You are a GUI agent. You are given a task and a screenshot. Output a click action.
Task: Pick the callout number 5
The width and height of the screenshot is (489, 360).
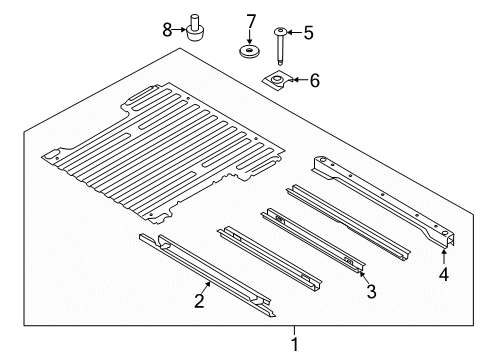(308, 33)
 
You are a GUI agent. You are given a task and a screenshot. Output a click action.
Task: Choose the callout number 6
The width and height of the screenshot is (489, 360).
(314, 79)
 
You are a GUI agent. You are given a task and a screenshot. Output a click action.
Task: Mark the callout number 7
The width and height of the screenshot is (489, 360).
(251, 21)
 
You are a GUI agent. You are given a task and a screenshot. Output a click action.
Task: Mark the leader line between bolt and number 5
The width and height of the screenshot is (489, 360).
(291, 33)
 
